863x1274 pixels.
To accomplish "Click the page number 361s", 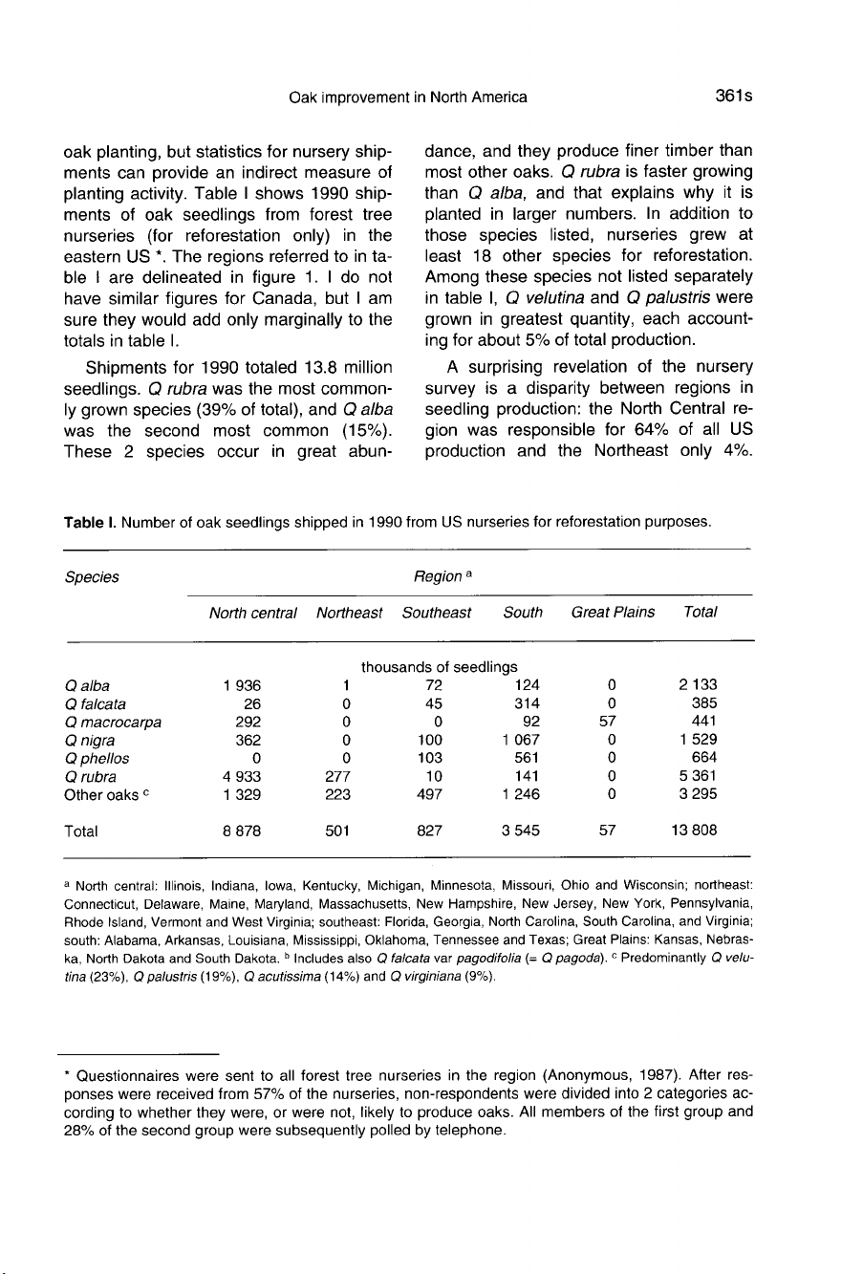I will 730,96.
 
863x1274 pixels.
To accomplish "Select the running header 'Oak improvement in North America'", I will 407,97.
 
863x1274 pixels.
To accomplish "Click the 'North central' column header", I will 253,612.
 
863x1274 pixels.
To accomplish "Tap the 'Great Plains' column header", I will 613,612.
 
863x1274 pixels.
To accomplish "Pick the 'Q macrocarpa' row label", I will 112,722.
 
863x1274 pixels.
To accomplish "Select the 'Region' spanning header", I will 436,577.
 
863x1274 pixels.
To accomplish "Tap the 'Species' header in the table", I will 92,577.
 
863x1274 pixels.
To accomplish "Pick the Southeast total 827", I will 430,831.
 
